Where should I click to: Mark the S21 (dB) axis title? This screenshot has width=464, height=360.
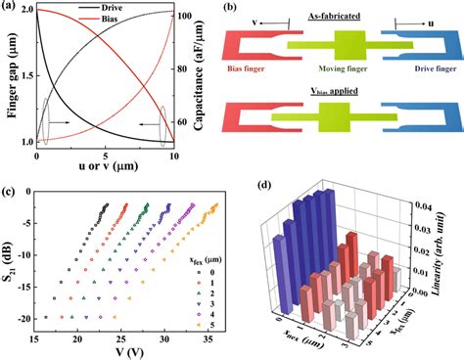click(12, 264)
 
